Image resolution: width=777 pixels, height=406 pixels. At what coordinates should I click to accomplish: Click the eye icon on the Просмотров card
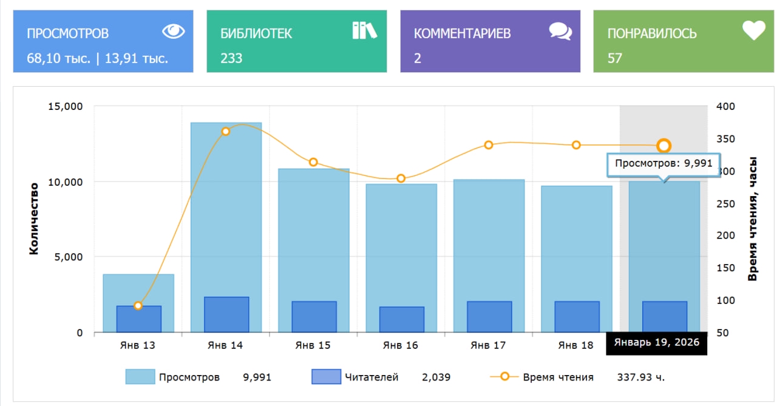(x=173, y=31)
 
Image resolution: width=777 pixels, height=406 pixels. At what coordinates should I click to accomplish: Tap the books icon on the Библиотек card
(x=364, y=30)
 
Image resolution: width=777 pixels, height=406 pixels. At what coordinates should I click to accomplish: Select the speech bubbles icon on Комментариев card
(x=560, y=31)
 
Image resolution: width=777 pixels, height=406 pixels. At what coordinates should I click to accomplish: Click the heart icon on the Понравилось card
(x=753, y=30)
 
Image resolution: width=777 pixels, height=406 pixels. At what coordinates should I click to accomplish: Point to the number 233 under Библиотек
(x=231, y=58)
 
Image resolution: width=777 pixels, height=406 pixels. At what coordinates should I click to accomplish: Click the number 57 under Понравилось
(x=615, y=58)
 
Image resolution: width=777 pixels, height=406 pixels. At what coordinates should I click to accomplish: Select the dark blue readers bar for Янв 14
(x=226, y=314)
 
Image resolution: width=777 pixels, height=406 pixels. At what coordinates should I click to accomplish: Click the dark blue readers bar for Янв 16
(x=401, y=319)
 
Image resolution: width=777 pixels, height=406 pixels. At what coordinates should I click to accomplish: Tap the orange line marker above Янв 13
(x=138, y=306)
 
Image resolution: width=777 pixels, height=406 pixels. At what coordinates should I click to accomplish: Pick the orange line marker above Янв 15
(x=313, y=162)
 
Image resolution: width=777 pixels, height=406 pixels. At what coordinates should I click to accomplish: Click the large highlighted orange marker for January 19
(x=663, y=146)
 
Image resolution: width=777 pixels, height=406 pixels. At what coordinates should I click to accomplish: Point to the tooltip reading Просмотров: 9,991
(x=663, y=164)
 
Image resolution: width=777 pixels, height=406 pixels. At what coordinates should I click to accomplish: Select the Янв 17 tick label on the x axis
(x=489, y=345)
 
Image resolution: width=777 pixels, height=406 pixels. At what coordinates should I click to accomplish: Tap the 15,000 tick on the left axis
(x=64, y=107)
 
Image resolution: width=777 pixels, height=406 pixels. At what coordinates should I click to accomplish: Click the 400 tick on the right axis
(x=725, y=107)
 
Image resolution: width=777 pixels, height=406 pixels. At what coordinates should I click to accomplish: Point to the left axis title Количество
(x=34, y=218)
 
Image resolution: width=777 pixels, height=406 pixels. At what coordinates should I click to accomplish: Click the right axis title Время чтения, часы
(x=753, y=218)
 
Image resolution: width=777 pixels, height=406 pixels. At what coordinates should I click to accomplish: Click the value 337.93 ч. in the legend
(x=641, y=377)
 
